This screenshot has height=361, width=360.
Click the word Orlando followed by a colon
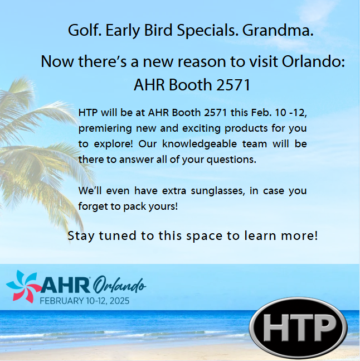[x=314, y=61]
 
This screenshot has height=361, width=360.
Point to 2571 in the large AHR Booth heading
[x=233, y=85]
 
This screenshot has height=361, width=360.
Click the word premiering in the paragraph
[x=105, y=128]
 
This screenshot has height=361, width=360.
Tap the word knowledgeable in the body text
[x=200, y=144]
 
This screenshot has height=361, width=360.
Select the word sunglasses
[x=218, y=191]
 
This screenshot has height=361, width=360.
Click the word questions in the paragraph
[x=231, y=160]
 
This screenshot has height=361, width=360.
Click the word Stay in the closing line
[x=81, y=236]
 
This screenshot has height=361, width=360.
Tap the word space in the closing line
[x=205, y=236]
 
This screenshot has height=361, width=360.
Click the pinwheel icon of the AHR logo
[x=23, y=286]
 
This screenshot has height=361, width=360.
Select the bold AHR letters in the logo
[x=66, y=285]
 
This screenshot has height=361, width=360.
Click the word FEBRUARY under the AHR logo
[x=62, y=301]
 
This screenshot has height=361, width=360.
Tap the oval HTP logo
[x=298, y=328]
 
